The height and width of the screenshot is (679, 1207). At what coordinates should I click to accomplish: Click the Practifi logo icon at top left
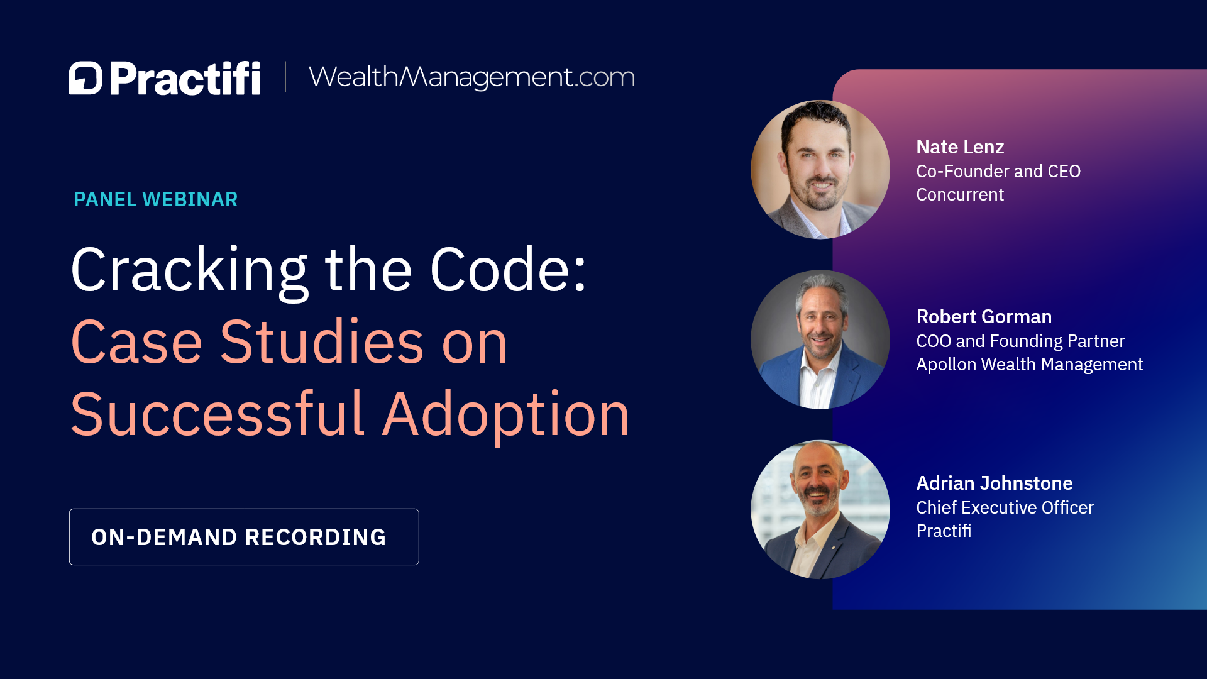tap(85, 78)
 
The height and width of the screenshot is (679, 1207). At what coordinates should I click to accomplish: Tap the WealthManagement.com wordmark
tap(471, 77)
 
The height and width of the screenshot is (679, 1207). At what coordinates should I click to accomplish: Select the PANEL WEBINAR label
tap(155, 199)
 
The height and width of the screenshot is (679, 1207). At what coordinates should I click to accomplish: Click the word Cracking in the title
tap(189, 270)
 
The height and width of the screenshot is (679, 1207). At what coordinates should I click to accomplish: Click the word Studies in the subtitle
tap(322, 342)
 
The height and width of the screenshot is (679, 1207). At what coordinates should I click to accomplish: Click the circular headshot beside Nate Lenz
tap(820, 170)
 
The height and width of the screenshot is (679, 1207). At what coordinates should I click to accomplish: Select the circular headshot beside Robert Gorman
tap(820, 339)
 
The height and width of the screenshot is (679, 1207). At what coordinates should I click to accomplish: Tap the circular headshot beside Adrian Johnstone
tap(820, 509)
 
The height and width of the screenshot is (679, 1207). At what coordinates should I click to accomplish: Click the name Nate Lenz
tap(960, 147)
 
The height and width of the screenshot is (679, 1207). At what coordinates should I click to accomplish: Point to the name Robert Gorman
tap(984, 317)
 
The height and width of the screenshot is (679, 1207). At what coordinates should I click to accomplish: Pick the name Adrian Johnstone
tap(995, 483)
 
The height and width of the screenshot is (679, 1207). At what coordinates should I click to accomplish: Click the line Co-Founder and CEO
tap(998, 171)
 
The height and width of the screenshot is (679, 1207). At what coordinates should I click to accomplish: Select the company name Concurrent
tap(960, 195)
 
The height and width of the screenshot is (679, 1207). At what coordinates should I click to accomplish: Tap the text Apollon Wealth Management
tap(1029, 365)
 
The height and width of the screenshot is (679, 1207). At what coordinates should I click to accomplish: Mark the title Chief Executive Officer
tap(1005, 508)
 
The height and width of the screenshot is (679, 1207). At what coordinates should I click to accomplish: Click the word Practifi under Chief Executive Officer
tap(944, 531)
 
